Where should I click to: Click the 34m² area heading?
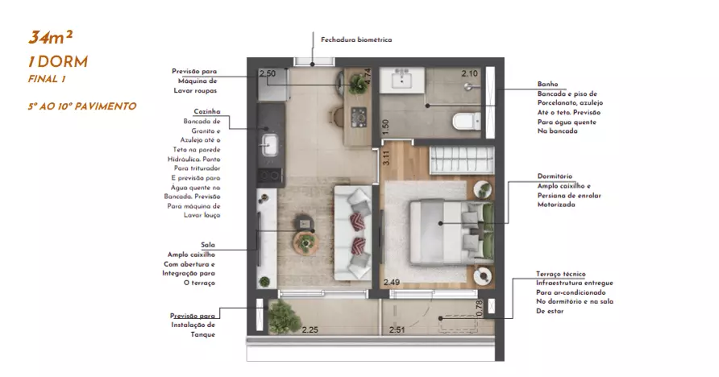pos(51,38)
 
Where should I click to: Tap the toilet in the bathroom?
pos(467,122)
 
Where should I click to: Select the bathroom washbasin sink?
pos(402,79)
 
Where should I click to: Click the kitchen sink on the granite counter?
pos(270,145)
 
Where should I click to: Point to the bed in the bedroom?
pos(451,232)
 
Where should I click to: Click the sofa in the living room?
pos(352,233)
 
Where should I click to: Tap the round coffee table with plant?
pos(305,242)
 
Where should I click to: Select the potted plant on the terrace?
pos(284,316)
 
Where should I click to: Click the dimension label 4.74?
pos(368,77)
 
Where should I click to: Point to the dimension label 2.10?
pos(470,73)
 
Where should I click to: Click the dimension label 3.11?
pos(386,158)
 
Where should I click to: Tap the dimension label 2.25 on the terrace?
pos(310,329)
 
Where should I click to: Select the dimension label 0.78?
pos(480,308)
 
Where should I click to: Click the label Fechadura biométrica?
pos(356,39)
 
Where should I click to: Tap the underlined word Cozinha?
pos(207,111)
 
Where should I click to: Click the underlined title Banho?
pos(547,84)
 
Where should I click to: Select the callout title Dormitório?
pos(555,176)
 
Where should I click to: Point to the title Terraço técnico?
pos(561,274)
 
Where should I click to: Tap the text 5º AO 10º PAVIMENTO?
pos(82,106)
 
